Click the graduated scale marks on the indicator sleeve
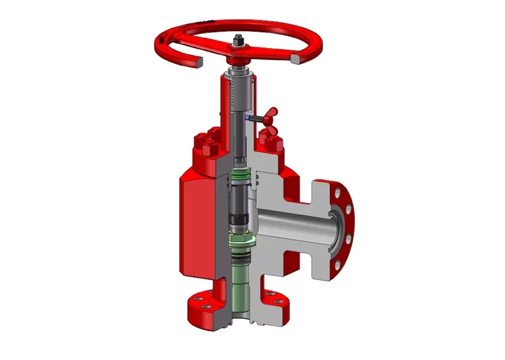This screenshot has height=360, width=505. (235, 95)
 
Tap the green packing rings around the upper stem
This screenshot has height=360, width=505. (241, 174)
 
